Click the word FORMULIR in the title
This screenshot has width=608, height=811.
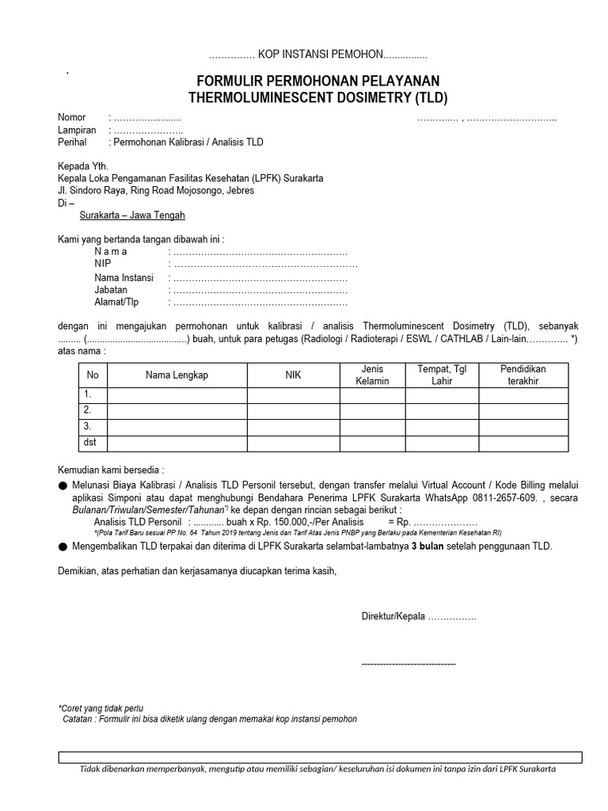click(231, 82)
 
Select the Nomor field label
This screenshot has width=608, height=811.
click(71, 117)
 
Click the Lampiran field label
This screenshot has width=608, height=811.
click(76, 130)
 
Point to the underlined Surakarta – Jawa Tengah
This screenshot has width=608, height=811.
click(133, 215)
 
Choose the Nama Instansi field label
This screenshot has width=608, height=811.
click(123, 278)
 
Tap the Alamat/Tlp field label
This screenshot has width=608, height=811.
click(116, 303)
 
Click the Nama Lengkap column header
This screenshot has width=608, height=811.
click(177, 375)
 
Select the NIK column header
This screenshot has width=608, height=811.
click(293, 375)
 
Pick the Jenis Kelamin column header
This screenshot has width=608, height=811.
click(373, 375)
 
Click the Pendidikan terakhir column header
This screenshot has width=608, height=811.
click(522, 375)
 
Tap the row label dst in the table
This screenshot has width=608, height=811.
click(91, 443)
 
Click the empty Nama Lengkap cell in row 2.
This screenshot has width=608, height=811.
click(177, 410)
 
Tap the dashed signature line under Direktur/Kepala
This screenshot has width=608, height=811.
click(408, 663)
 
